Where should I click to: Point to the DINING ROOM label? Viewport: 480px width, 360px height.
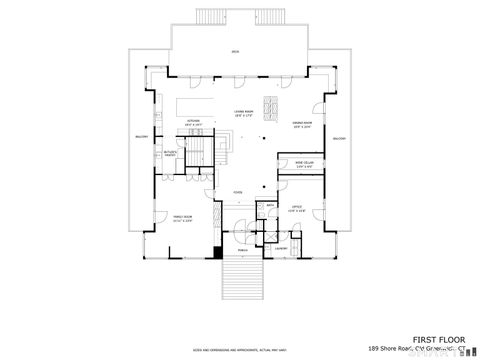coord(303,123)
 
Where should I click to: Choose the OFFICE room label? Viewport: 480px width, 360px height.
coord(296,209)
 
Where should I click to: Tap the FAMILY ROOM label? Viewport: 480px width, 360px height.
coord(181,217)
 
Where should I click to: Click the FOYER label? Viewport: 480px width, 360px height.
coord(238,192)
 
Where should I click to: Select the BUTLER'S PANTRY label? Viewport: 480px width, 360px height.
coord(170,153)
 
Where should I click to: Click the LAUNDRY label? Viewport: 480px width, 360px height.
coord(282,248)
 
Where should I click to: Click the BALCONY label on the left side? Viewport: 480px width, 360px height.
coord(140,137)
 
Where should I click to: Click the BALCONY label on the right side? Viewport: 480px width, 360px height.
coord(338,137)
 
